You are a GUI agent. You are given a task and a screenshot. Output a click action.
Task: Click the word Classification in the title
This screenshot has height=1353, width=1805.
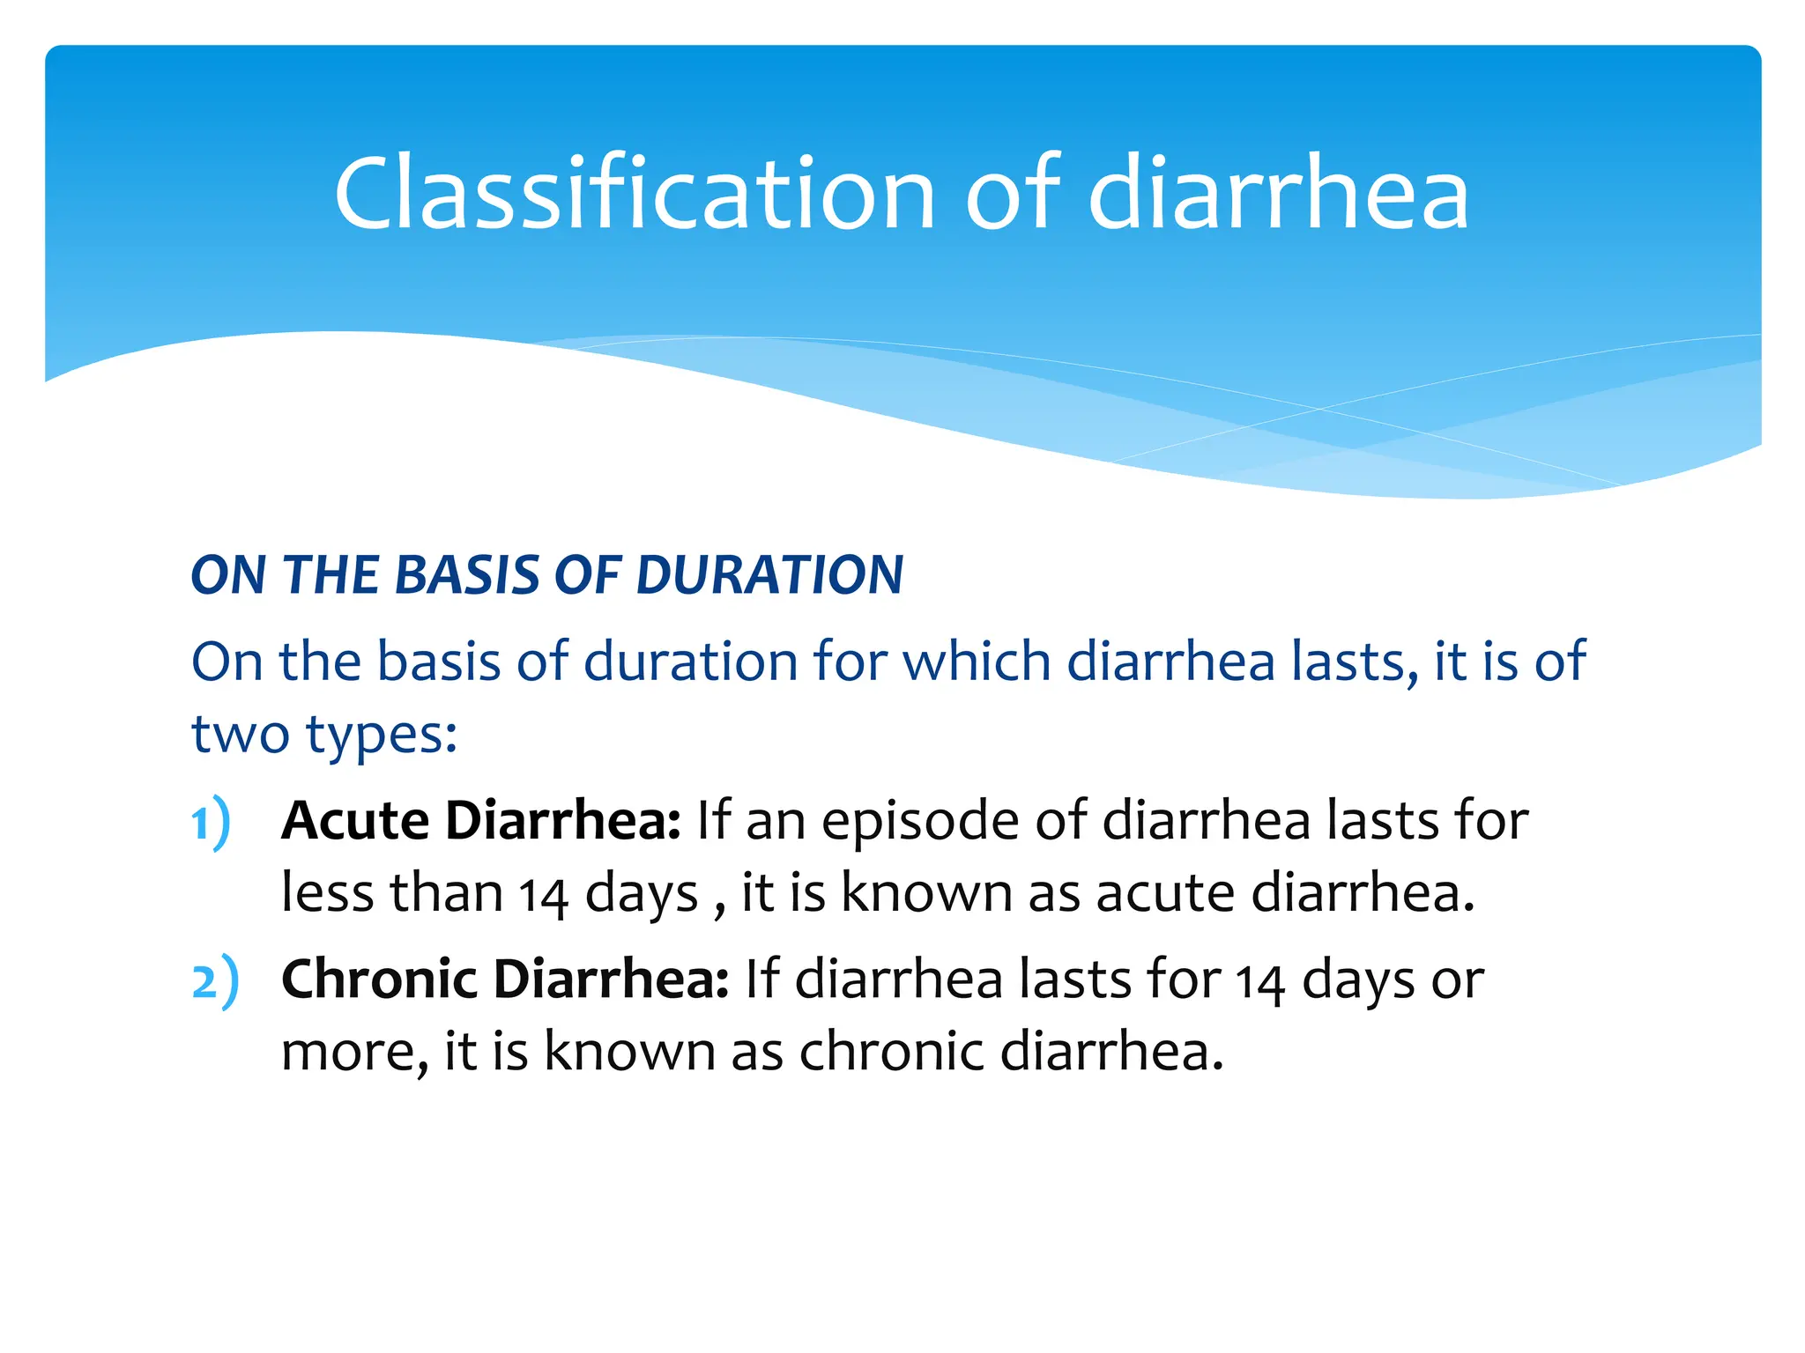point(634,194)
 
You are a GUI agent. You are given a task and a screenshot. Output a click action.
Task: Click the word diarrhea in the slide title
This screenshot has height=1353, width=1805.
point(1279,194)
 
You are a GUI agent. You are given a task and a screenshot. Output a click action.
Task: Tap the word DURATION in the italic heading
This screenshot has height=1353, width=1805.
point(769,575)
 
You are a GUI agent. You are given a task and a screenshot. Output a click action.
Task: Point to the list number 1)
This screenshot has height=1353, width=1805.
point(211,823)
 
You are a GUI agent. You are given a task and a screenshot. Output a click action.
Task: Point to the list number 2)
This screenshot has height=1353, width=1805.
point(214,981)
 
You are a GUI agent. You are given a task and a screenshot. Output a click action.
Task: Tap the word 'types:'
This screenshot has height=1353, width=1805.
point(381,736)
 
